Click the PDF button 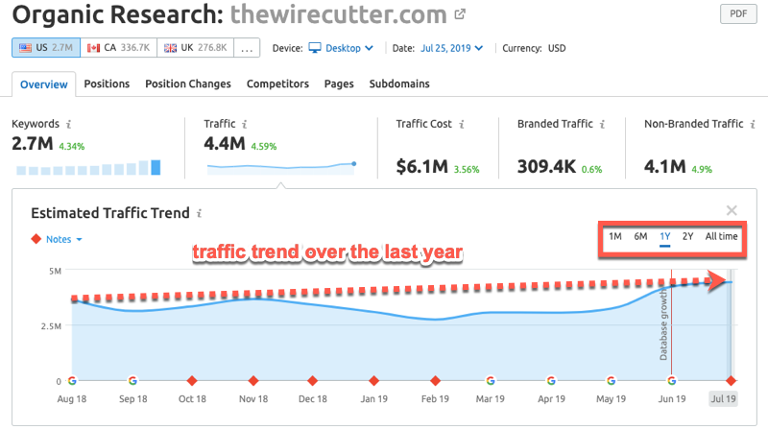click(737, 15)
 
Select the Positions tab click(107, 84)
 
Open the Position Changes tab click(188, 84)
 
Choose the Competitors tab click(277, 84)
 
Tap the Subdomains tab click(399, 84)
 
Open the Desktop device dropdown click(343, 47)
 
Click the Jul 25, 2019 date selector click(450, 47)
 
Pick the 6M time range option click(640, 236)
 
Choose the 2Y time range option click(687, 236)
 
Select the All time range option click(722, 236)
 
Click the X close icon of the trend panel click(732, 210)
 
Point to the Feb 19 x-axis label click(435, 398)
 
